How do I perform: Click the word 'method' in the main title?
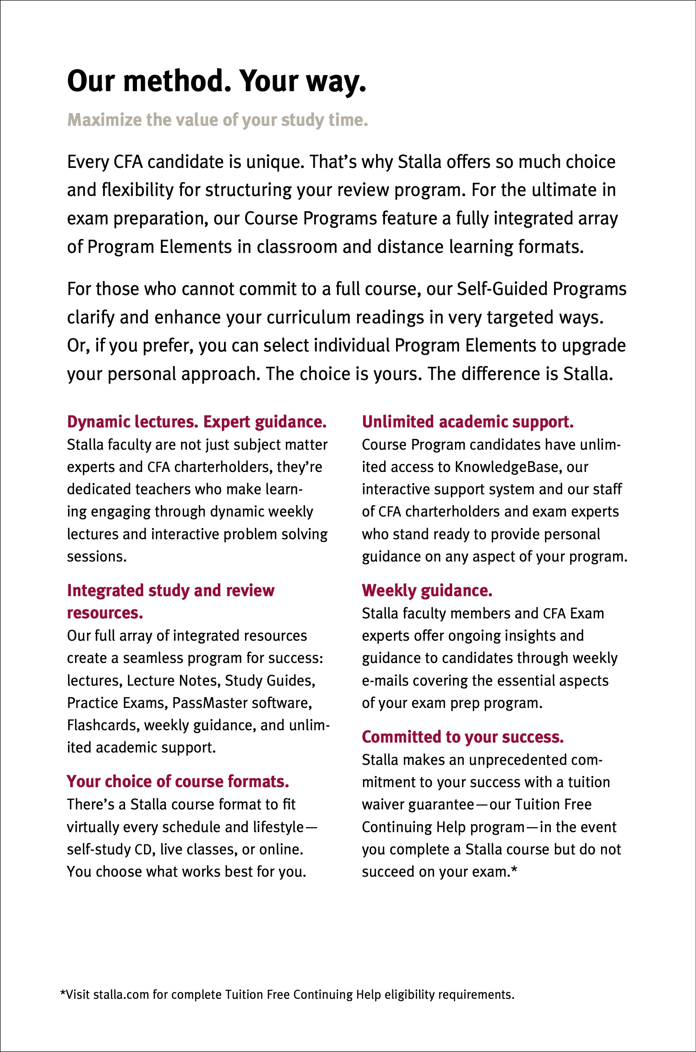177,81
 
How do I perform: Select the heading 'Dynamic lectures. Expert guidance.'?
197,422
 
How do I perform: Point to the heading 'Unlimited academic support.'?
467,422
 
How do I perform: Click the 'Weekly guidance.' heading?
427,590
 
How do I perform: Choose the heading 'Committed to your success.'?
462,737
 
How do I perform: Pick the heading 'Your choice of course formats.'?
178,781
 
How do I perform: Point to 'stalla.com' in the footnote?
121,994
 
